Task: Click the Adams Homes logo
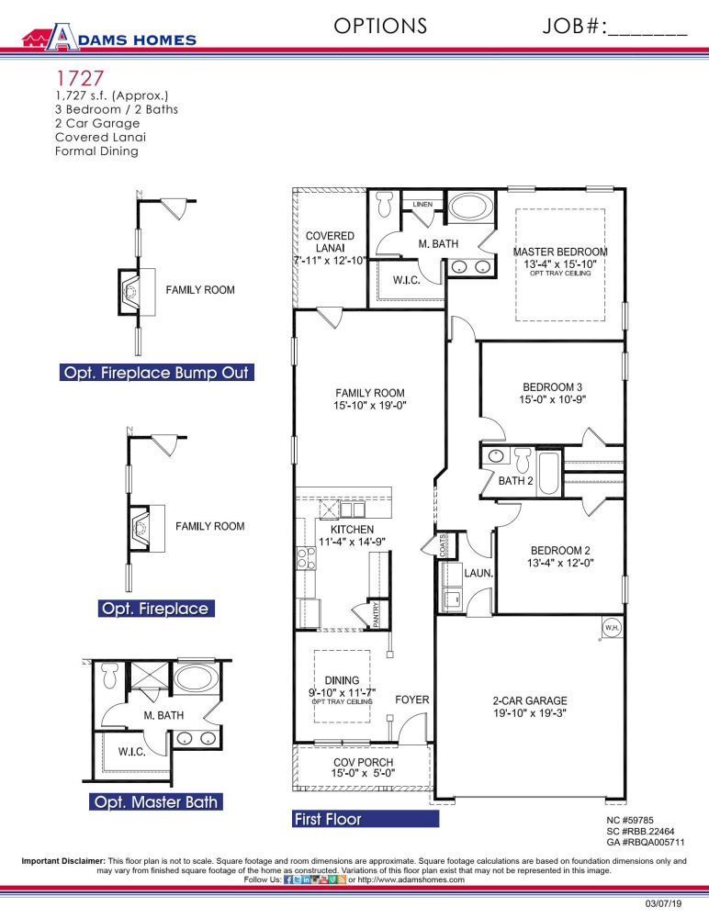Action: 109,38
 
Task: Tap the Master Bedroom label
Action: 560,252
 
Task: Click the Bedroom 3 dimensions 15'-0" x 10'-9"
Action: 553,400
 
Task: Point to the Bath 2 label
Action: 516,480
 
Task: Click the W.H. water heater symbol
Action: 612,628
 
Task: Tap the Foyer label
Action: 412,700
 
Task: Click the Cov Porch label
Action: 362,763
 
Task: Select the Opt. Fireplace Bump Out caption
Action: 155,374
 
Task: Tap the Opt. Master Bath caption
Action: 155,802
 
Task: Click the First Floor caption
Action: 328,819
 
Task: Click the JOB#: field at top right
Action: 615,26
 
